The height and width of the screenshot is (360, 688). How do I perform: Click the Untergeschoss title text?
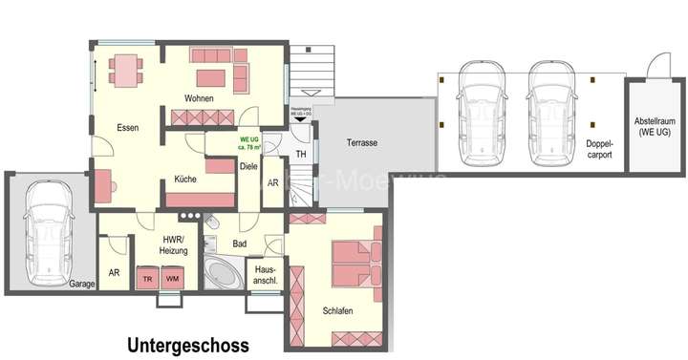187,346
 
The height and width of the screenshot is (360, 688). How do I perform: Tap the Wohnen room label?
200,98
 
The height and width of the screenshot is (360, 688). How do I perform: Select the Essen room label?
129,128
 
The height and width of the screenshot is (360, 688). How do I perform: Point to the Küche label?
185,179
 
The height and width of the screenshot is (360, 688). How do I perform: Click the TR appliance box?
147,278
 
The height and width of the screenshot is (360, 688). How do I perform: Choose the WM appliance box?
173,278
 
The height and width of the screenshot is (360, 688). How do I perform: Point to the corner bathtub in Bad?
225,274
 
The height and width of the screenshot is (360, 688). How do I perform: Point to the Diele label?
248,165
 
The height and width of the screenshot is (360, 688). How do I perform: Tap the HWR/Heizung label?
174,244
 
